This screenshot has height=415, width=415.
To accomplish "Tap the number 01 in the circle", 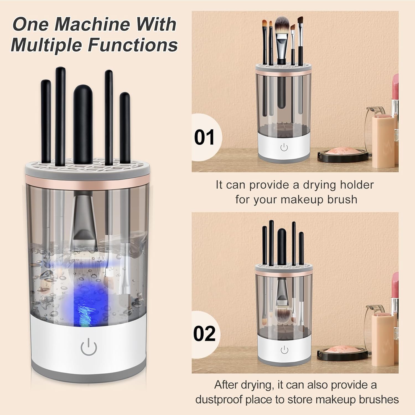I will [204, 137].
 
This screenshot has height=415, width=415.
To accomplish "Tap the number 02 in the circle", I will [204, 334].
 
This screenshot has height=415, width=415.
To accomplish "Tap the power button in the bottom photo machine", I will [284, 350].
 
